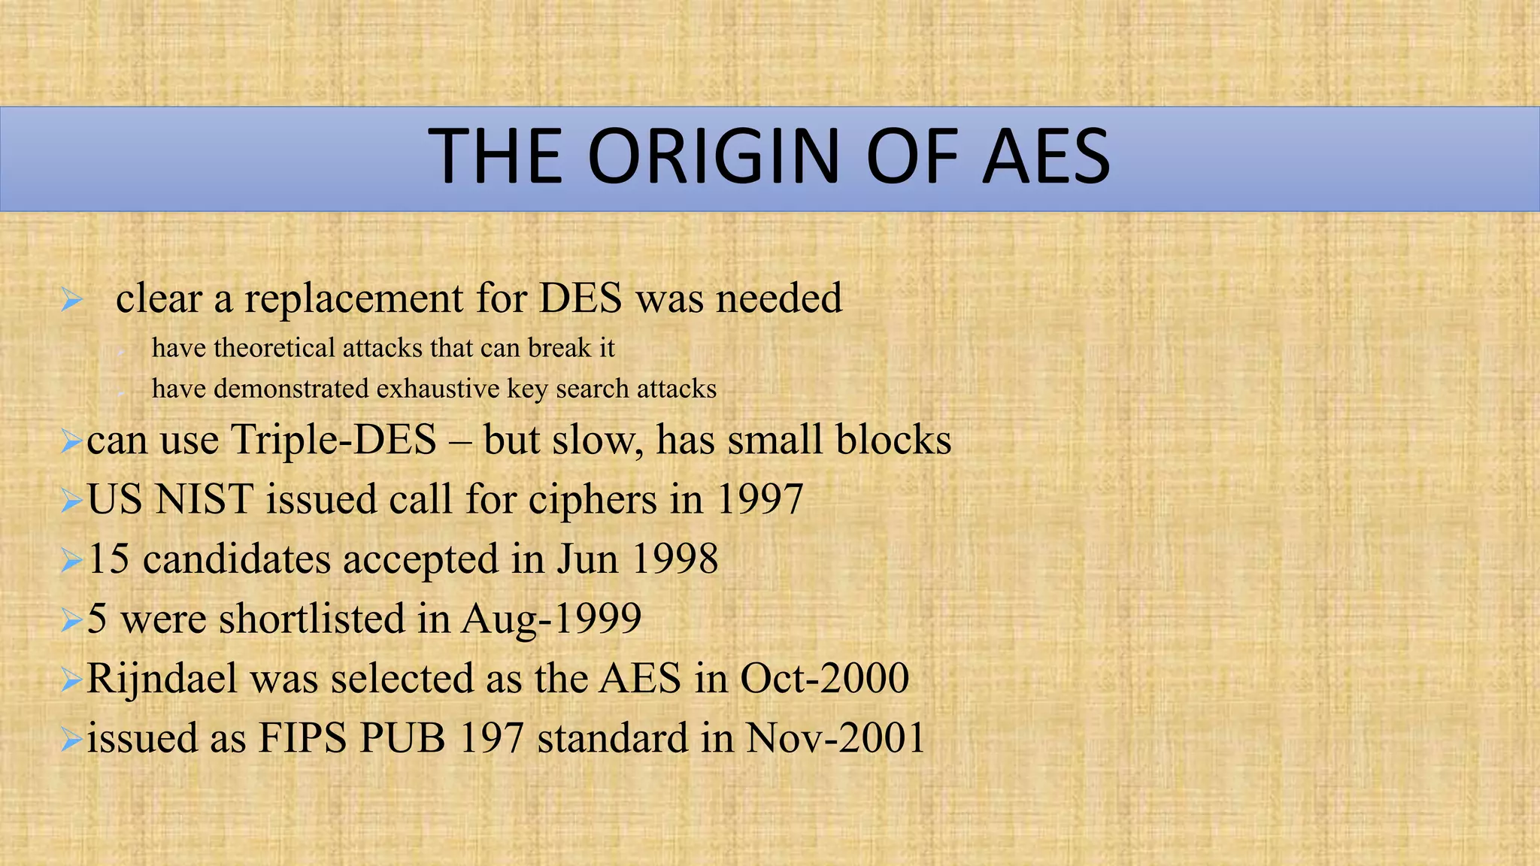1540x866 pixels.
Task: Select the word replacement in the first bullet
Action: click(x=353, y=298)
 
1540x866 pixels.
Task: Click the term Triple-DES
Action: click(x=333, y=440)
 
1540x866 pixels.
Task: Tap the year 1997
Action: click(x=759, y=499)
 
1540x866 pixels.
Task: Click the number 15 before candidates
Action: click(x=108, y=559)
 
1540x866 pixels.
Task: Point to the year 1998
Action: click(x=675, y=559)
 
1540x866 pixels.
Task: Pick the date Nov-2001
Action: click(x=835, y=737)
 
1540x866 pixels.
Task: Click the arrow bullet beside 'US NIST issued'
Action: click(x=71, y=500)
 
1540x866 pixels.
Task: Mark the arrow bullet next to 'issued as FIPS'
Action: click(x=71, y=739)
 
